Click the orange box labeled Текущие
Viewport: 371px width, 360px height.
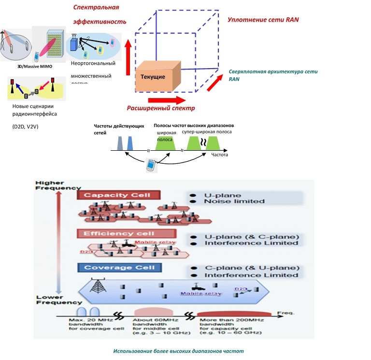pos(157,76)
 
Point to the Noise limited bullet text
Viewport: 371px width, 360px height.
pos(228,201)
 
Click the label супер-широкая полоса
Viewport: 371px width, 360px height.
pos(207,131)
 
